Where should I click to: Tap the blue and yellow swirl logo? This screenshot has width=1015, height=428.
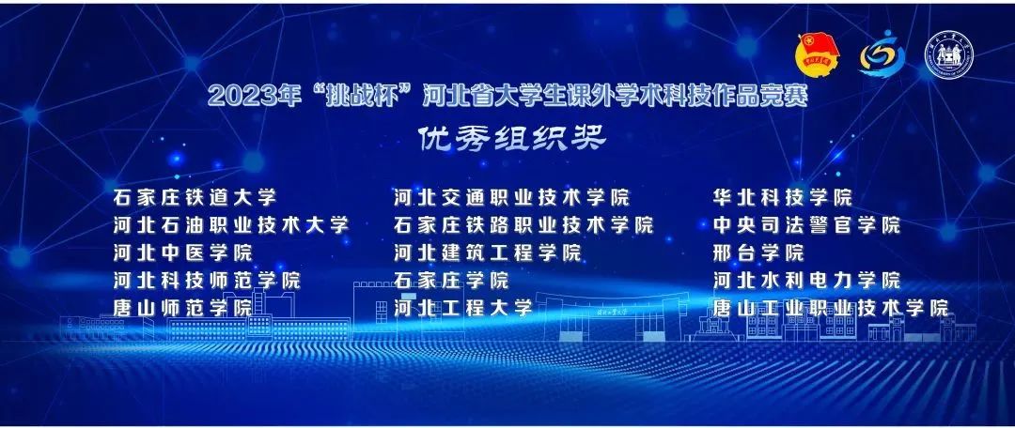(881, 57)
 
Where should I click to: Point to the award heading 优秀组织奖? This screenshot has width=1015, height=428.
(513, 138)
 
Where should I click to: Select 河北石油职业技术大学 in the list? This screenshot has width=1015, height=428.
(230, 225)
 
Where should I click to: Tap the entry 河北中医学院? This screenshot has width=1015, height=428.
(182, 252)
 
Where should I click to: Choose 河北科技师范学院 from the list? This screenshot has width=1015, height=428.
(206, 280)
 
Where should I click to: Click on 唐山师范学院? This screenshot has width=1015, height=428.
(182, 308)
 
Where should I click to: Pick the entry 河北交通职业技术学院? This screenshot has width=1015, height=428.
(512, 198)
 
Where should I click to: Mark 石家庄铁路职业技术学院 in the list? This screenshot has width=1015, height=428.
(523, 225)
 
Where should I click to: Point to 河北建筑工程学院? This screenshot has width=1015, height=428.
(488, 252)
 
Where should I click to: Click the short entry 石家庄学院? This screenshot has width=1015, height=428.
(452, 280)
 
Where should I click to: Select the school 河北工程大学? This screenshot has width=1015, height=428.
(464, 308)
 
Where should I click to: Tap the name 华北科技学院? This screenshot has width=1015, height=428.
(783, 198)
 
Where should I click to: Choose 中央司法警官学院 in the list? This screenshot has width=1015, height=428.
(806, 225)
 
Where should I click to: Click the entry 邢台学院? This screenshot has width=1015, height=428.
(759, 252)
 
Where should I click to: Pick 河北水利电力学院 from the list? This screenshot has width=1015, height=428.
(806, 280)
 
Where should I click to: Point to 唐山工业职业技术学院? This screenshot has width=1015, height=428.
(831, 308)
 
